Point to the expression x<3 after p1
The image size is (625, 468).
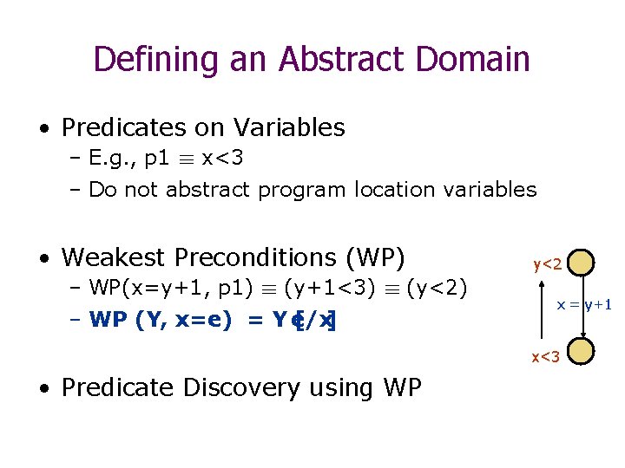[222, 159]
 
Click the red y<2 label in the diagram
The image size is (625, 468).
[548, 263]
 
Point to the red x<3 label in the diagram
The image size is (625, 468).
[544, 355]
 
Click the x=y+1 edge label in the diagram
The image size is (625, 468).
[584, 304]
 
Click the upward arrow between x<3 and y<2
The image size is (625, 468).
[540, 308]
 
